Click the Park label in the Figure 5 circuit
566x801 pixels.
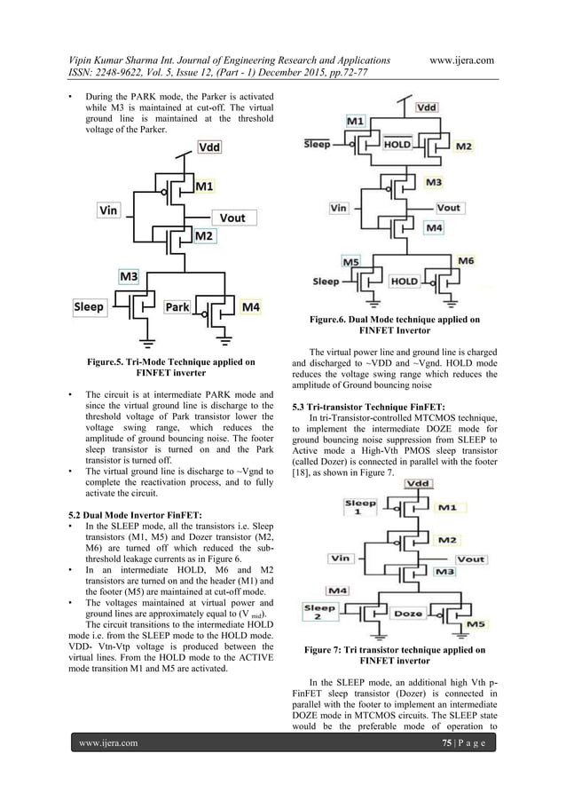[x=177, y=307]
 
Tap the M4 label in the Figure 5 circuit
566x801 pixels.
[x=251, y=307]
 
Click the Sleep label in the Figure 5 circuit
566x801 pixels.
[x=89, y=307]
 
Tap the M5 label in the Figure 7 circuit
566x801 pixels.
[x=476, y=624]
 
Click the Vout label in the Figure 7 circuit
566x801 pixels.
[x=470, y=559]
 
